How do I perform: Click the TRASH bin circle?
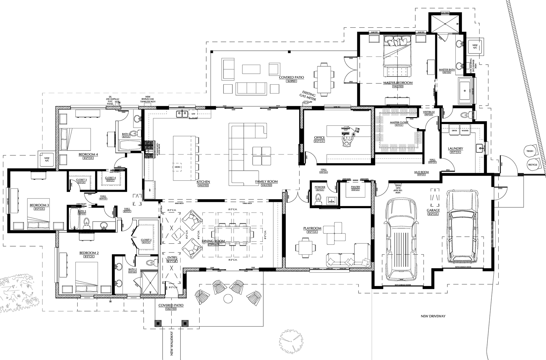530,151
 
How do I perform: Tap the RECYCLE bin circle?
533,165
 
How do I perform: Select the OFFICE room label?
319,138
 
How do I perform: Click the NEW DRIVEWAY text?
433,316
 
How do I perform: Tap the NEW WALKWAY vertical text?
172,343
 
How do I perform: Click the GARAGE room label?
433,210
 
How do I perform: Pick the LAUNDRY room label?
455,148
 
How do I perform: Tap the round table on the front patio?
227,299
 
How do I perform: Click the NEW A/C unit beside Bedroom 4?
47,159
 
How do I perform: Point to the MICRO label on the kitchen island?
177,167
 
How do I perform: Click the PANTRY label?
355,187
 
